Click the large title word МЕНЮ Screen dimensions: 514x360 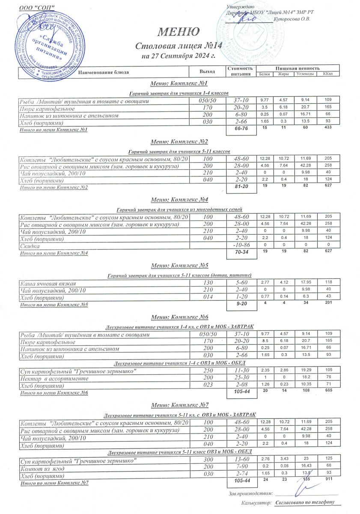click(179, 32)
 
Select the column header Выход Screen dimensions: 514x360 click(207, 72)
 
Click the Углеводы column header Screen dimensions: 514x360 click(305, 74)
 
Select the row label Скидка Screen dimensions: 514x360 click(29, 245)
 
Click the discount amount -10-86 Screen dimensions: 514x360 click(241, 245)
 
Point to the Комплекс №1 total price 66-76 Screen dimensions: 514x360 click(241, 129)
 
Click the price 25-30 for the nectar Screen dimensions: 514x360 click(241, 379)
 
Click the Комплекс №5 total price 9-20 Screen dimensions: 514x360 click(241, 305)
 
